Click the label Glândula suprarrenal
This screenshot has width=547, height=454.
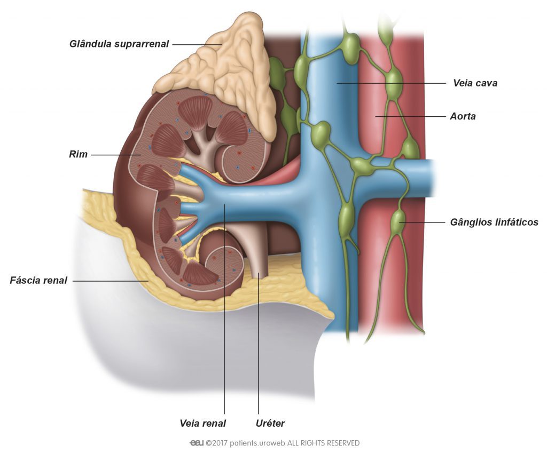point(119,44)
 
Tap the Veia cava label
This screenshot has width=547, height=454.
point(475,83)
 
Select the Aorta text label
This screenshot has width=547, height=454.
point(463,116)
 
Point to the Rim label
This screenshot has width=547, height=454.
point(78,154)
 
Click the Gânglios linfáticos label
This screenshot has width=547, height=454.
point(494,222)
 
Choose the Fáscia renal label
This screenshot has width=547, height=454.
point(38,280)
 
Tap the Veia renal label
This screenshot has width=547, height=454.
point(202,424)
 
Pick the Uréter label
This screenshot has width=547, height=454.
point(270,424)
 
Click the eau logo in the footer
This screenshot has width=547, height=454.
point(197,443)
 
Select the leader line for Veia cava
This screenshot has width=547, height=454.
point(391,83)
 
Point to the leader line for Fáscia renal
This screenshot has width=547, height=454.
point(111,281)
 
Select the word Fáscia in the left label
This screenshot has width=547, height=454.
point(24,280)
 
